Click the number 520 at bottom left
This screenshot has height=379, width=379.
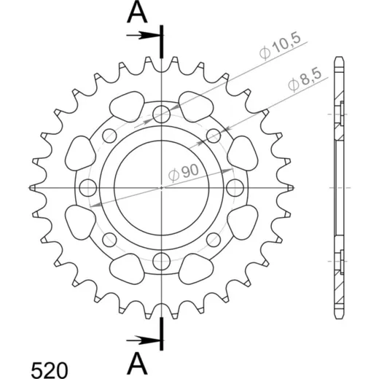pyautogui.click(x=50, y=370)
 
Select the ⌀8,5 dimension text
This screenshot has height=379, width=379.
pyautogui.click(x=305, y=80)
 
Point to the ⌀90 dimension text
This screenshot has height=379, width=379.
pyautogui.click(x=184, y=172)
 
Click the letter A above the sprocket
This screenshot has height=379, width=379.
pyautogui.click(x=137, y=12)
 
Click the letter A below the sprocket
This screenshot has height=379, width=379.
pyautogui.click(x=137, y=363)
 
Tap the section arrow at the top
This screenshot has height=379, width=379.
pyautogui.click(x=143, y=36)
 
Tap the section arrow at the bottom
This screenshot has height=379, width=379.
pyautogui.click(x=143, y=340)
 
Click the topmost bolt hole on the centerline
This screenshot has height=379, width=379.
pyautogui.click(x=161, y=114)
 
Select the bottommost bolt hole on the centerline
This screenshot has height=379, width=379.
pyautogui.click(x=161, y=261)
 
